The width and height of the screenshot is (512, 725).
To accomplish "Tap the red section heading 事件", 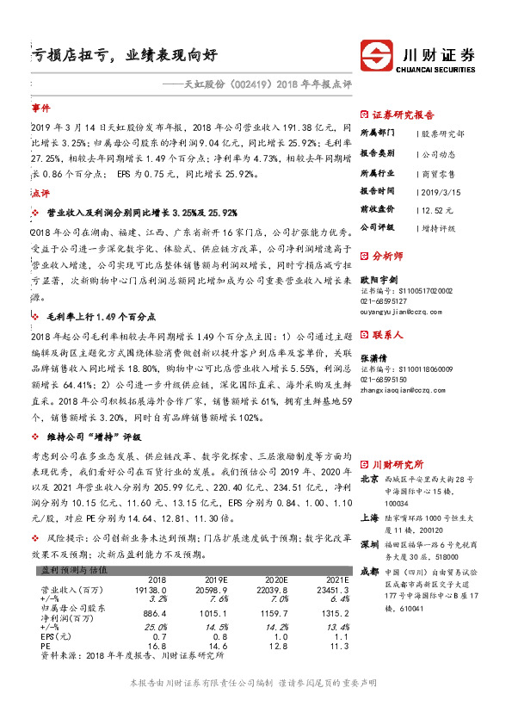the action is coord(40,109).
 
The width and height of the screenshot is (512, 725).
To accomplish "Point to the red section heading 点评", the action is coord(40,195).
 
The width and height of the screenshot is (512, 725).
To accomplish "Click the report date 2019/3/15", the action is coord(441,189).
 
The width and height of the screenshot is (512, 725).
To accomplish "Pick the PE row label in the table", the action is coord(46,645).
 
